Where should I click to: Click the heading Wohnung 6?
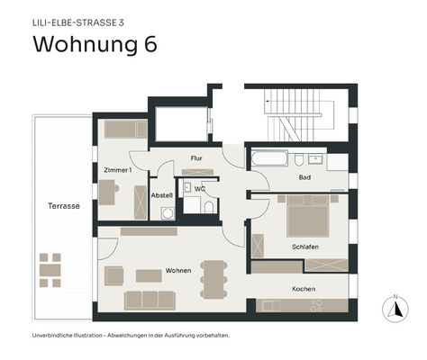click(x=95, y=45)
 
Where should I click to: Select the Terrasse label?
click(x=64, y=206)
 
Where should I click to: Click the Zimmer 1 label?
click(x=117, y=169)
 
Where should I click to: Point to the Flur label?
click(x=195, y=158)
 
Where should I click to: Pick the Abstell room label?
click(x=161, y=195)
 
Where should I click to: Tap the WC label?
click(x=200, y=189)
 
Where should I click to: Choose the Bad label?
click(x=304, y=177)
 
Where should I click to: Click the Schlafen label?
click(x=305, y=247)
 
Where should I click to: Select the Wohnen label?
click(x=177, y=270)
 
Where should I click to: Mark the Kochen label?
click(x=303, y=289)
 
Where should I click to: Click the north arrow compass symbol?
click(x=393, y=309)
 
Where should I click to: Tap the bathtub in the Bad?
click(x=269, y=159)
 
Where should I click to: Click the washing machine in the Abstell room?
click(x=167, y=214)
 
